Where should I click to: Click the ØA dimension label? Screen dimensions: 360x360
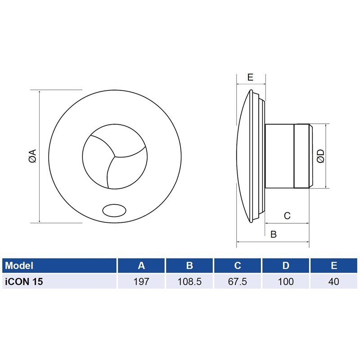32,156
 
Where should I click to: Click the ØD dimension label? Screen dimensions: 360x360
320,156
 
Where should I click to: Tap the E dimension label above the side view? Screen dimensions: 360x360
250,77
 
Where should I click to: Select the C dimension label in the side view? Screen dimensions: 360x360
287,216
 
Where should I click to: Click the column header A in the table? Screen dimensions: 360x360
141,265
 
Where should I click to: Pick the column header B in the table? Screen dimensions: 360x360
189,265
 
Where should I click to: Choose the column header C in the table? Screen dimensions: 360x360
238,265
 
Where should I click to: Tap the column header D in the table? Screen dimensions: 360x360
286,265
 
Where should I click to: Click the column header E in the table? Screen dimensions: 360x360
334,265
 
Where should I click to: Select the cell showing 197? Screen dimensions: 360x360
141,282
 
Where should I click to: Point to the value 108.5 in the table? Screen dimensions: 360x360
189,282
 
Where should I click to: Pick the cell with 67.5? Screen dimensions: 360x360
238,282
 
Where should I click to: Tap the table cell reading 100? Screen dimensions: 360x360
286,282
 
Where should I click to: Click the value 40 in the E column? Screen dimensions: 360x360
334,282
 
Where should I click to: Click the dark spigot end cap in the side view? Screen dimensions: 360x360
302,156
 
